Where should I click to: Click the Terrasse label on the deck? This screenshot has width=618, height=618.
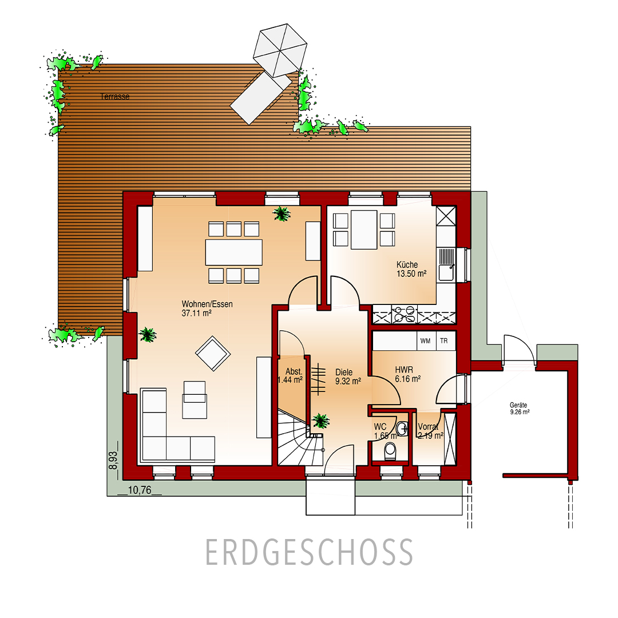point(114,97)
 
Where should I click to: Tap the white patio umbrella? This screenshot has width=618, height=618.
point(280,50)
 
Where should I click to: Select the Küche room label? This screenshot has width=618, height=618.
point(407,265)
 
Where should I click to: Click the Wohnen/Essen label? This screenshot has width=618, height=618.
point(207,304)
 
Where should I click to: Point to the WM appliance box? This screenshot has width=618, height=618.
point(425,341)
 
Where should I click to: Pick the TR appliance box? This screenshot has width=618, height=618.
point(444,341)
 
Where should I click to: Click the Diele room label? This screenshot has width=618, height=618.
point(344,372)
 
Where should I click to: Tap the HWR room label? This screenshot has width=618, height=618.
point(404,370)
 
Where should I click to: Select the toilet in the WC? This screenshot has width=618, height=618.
point(390,450)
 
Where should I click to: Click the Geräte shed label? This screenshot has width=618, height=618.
point(518,405)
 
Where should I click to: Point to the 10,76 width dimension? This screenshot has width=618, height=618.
point(140,490)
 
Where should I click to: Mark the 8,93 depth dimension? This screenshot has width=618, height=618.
point(113,460)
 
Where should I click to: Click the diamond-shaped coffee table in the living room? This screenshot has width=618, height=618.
point(213,353)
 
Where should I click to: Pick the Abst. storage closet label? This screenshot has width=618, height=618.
point(294,372)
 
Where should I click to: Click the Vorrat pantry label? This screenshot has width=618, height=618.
point(428,427)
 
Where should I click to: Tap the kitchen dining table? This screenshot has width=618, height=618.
point(364,230)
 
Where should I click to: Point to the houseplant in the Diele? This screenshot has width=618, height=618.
point(321,421)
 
